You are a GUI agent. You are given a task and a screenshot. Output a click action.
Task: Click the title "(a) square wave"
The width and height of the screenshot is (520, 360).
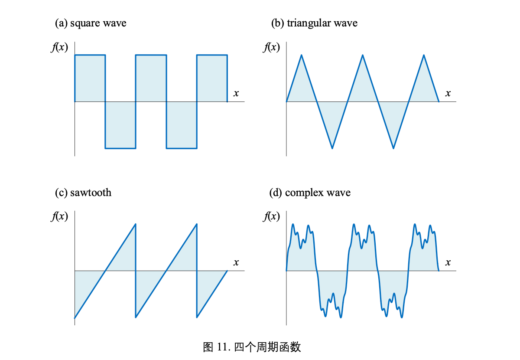point(91,23)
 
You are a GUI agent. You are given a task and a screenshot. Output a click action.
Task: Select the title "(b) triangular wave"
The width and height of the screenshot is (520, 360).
point(314,23)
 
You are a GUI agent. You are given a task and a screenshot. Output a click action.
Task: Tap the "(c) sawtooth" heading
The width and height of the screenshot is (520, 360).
point(83,192)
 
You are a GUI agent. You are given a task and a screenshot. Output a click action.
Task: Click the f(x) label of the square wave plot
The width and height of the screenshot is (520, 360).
point(59,47)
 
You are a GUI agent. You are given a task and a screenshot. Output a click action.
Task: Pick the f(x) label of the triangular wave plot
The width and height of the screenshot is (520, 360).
point(271,47)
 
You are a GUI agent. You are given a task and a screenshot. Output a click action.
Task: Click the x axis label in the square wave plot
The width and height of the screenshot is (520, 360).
point(236,93)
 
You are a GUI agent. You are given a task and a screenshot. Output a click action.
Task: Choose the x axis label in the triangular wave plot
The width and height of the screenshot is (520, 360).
point(448,93)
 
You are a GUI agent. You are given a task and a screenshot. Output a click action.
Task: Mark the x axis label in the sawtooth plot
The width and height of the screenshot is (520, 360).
point(236,262)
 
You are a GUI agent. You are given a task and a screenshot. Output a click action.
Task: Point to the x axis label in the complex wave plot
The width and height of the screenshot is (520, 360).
point(448,262)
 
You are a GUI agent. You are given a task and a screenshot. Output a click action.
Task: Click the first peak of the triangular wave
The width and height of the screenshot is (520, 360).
point(302,55)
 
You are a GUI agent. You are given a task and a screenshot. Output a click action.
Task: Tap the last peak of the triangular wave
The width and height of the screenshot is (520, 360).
point(424,55)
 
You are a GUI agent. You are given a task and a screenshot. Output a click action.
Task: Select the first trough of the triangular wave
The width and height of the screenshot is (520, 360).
point(332,148)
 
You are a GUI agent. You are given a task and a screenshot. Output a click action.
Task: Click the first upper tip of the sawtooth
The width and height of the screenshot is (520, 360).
point(136,224)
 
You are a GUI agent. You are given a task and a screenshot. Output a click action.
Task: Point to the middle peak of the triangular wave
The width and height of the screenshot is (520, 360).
point(363,55)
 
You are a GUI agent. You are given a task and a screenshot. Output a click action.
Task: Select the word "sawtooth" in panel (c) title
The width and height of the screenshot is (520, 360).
point(91,192)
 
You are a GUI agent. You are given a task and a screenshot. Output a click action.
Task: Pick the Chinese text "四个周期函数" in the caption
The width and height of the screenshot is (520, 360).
point(267,347)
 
